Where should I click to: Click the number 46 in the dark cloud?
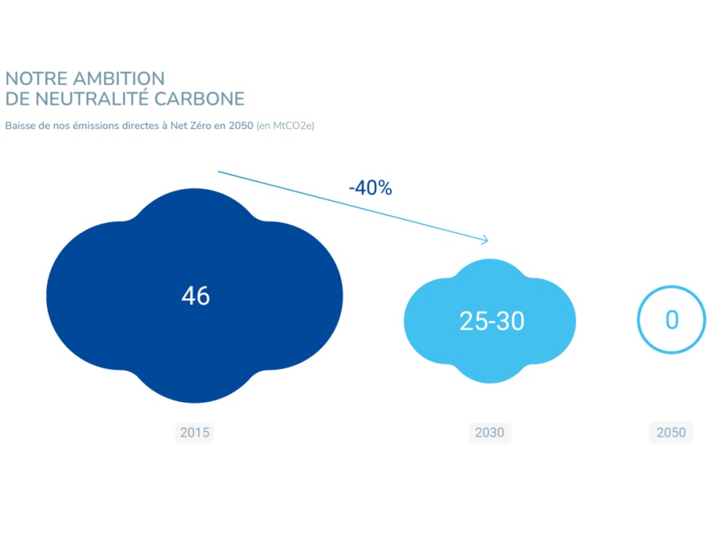click(195, 296)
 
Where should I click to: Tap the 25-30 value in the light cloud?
click(491, 321)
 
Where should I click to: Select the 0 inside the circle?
click(671, 320)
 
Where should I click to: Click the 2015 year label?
click(194, 433)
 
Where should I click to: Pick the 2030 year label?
click(489, 433)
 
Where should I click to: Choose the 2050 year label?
click(671, 433)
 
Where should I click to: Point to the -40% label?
click(370, 188)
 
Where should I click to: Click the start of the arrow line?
click(220, 173)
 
